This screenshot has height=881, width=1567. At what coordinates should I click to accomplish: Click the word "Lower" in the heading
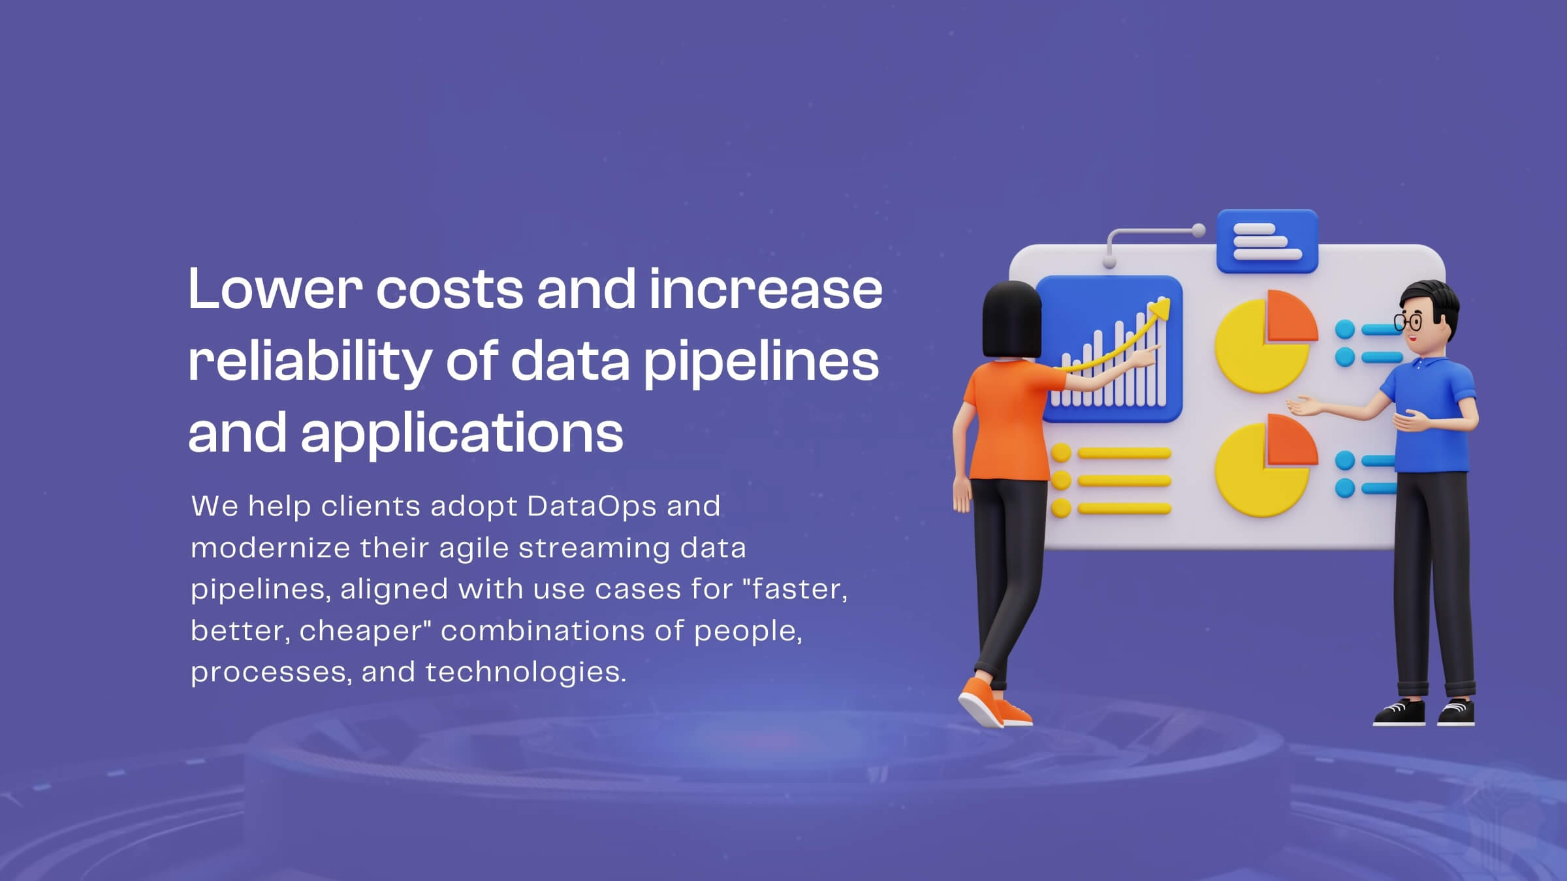point(275,288)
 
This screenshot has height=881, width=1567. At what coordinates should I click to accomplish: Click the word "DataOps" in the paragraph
point(592,506)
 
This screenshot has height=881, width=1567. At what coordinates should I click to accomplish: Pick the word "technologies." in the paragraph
point(526,672)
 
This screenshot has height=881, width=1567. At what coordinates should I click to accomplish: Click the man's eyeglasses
point(1408,322)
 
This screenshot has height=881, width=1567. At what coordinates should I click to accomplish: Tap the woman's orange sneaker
point(994,703)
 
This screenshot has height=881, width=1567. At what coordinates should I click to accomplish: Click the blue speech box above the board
point(1267,241)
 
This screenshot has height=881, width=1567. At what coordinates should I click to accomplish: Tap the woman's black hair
point(1012,320)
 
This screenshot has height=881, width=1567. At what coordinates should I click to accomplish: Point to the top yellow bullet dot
point(1061,453)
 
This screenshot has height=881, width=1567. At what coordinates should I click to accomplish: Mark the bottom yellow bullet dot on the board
point(1061,508)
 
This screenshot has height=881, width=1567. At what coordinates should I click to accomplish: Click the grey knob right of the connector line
point(1198,230)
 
